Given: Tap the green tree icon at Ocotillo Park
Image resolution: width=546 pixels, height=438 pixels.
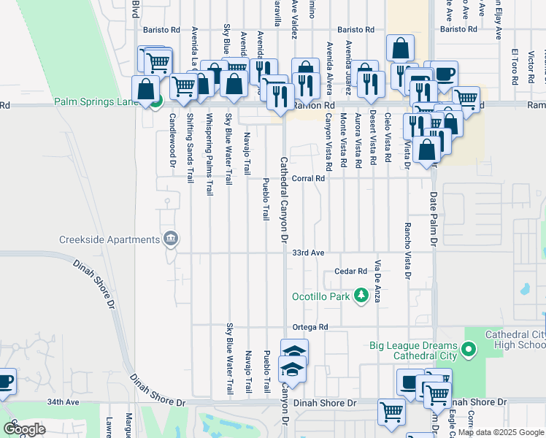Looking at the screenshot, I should click(x=360, y=296).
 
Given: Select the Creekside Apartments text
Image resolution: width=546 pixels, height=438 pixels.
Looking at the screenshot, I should click(x=109, y=239).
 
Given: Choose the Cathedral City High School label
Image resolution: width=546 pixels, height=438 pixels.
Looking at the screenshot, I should click(x=515, y=339).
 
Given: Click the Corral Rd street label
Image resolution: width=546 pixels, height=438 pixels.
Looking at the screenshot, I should click(x=308, y=178).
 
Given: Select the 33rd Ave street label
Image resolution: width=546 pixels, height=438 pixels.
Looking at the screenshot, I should click(x=308, y=253).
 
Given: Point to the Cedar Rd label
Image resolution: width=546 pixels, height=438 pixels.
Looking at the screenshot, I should click(x=350, y=272).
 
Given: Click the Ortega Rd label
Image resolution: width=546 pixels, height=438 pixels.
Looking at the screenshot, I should click(x=310, y=327).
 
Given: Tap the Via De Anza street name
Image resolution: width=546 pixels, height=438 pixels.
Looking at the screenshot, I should click(x=378, y=280).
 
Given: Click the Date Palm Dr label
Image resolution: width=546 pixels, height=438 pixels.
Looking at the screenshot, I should click(x=434, y=218).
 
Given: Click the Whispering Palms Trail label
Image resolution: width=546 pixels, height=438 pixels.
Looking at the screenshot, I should click(x=209, y=153).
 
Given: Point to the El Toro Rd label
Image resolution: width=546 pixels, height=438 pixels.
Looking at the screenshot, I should click(x=515, y=67).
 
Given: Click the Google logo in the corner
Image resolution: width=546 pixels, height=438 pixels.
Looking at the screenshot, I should click(x=24, y=429).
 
